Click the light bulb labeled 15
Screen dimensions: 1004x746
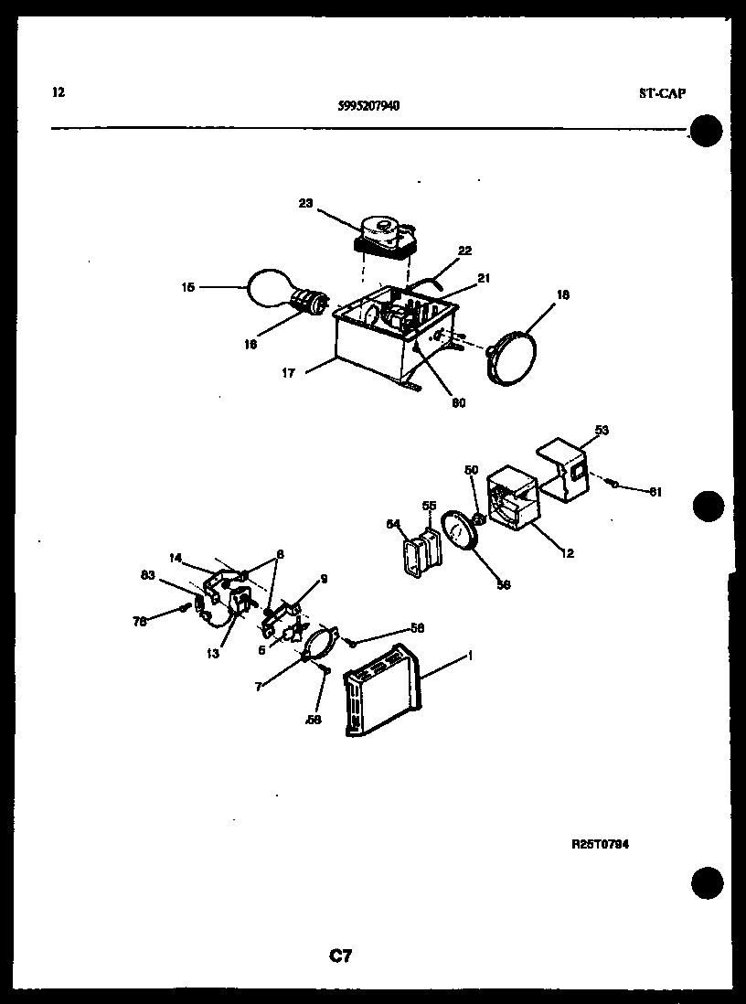point(272,289)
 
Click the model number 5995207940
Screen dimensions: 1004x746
point(368,105)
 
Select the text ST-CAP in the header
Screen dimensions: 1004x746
point(663,92)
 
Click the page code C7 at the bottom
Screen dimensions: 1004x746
point(340,956)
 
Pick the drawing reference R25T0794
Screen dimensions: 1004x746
point(600,844)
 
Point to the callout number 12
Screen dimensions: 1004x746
point(570,552)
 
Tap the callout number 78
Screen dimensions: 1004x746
point(140,622)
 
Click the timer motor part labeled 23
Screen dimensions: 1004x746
point(388,232)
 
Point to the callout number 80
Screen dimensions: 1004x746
point(458,403)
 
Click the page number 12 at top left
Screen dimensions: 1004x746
point(59,91)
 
